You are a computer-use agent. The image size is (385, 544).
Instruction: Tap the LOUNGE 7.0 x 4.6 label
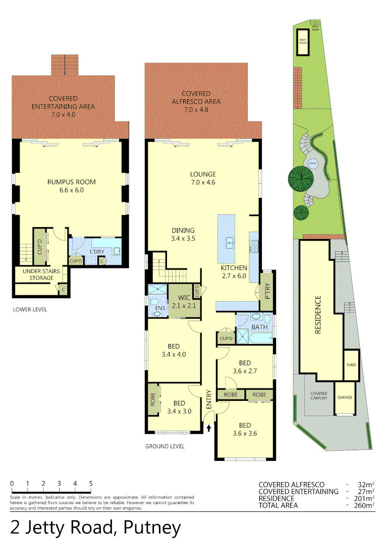click(203, 178)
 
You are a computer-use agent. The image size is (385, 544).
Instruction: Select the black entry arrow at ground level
click(209, 428)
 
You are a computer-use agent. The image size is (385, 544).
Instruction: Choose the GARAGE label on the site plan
click(346, 397)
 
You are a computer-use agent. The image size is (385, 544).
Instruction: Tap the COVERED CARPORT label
click(319, 395)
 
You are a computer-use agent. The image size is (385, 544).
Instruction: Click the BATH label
click(260, 327)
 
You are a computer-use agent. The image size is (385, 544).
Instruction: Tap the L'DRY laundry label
click(97, 252)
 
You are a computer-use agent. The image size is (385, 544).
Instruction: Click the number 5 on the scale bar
click(91, 484)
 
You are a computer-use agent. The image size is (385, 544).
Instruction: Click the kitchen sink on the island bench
click(230, 243)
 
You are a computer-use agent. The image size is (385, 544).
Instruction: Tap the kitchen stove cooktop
click(253, 246)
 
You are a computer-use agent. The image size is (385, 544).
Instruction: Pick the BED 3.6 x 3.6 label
click(245, 429)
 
